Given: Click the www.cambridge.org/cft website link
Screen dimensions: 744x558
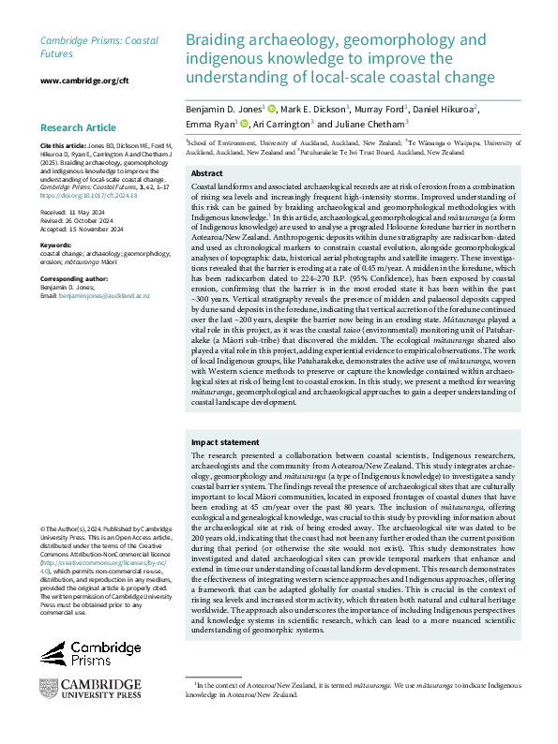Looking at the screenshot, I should tap(84, 81).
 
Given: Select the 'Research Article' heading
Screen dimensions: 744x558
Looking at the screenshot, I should tap(79, 127).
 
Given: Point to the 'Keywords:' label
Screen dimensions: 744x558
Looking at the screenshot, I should tap(57, 246).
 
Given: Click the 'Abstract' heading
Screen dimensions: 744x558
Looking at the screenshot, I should tap(206, 174).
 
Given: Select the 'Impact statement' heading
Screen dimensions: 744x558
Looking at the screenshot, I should tap(223, 441).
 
